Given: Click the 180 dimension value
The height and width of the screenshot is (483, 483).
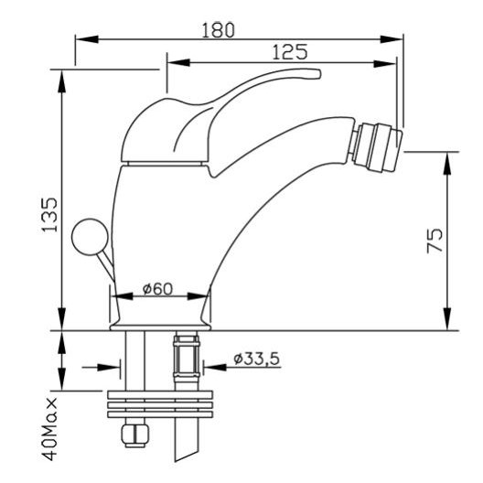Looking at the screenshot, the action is tap(218, 30).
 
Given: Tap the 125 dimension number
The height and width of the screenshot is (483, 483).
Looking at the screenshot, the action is tap(290, 52).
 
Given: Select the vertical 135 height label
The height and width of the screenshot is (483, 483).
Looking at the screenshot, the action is tap(49, 214).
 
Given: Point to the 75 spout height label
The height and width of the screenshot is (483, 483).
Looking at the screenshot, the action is tap(435, 241).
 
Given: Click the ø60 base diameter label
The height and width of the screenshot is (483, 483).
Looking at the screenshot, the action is tap(157, 289).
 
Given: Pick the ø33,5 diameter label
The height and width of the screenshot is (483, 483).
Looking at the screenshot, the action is tap(256, 359).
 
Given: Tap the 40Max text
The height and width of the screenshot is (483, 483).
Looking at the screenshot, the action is tap(50, 429).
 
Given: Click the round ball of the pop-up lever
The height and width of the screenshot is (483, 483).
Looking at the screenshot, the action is tap(90, 237).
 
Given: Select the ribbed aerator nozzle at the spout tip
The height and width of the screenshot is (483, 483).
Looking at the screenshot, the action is tap(377, 147).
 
